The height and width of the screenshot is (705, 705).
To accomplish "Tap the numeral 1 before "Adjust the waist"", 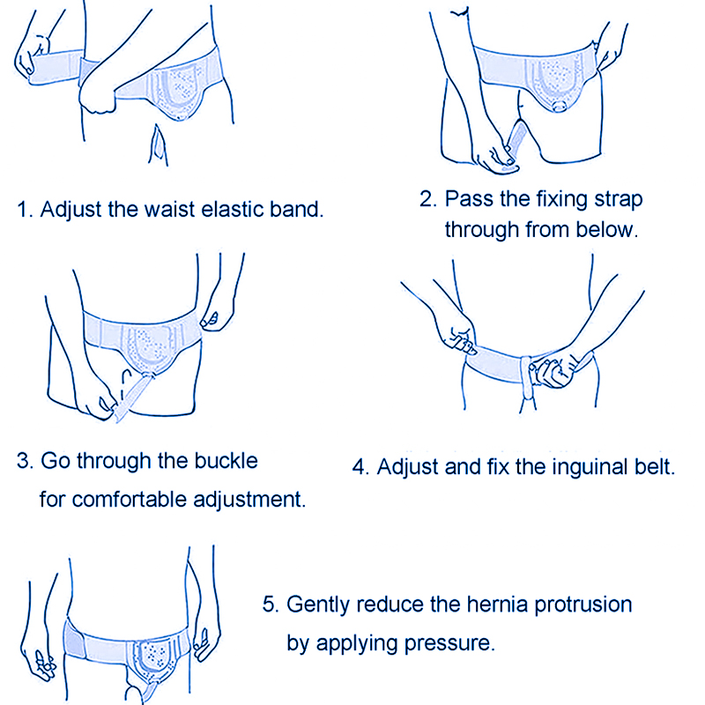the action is click(x=21, y=210).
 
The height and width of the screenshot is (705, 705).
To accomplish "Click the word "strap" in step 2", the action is click(x=619, y=200).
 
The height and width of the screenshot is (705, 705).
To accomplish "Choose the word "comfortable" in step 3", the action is click(x=129, y=500).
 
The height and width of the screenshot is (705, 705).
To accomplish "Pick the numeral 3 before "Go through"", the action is click(x=23, y=461).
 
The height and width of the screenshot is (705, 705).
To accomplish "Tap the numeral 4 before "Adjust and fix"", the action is click(x=359, y=468).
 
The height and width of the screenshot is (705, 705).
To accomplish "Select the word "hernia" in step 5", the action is click(x=497, y=605).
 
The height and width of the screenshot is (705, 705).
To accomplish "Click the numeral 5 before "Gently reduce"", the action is click(x=269, y=605).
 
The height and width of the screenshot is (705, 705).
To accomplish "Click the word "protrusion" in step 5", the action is click(x=583, y=605).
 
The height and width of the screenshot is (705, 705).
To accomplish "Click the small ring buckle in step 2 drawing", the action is click(x=560, y=106).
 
